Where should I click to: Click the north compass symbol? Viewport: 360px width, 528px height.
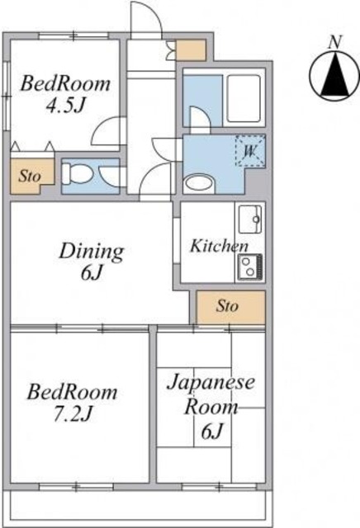click(x=334, y=76)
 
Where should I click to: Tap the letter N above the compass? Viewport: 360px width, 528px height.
click(x=335, y=42)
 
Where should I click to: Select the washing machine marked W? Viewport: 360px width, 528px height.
click(x=250, y=151)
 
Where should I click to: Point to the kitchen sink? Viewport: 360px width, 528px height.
click(x=250, y=219)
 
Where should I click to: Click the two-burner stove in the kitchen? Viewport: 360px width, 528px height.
click(x=250, y=266)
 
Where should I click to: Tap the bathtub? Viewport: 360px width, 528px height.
click(x=244, y=98)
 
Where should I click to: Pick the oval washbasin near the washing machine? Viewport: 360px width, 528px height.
click(x=199, y=183)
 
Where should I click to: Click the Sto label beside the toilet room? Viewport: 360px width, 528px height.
click(x=30, y=176)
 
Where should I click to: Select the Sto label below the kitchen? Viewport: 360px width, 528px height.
click(x=227, y=306)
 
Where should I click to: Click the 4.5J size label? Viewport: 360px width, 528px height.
click(x=64, y=106)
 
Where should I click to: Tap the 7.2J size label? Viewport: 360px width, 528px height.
click(x=73, y=414)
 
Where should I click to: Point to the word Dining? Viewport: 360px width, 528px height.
click(x=92, y=252)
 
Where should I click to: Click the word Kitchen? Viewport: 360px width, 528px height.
click(x=219, y=246)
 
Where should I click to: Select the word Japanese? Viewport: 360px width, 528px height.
click(x=211, y=383)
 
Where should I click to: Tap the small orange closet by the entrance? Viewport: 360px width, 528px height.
click(x=191, y=50)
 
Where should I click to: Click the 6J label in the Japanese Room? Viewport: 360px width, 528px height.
click(x=212, y=431)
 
